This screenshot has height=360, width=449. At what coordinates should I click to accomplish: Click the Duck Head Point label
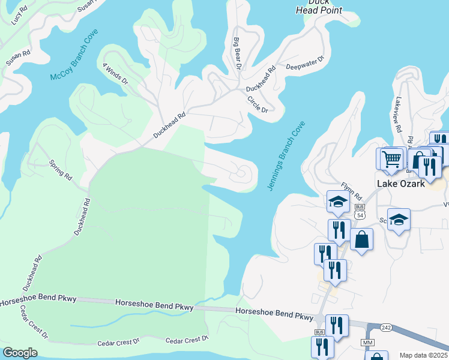click(320, 6)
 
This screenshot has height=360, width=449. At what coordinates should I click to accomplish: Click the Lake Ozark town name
click(401, 184)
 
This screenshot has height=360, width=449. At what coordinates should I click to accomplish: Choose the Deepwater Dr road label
click(305, 63)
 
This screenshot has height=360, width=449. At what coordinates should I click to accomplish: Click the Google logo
click(20, 353)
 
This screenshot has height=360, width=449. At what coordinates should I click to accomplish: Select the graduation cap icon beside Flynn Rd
click(338, 202)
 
